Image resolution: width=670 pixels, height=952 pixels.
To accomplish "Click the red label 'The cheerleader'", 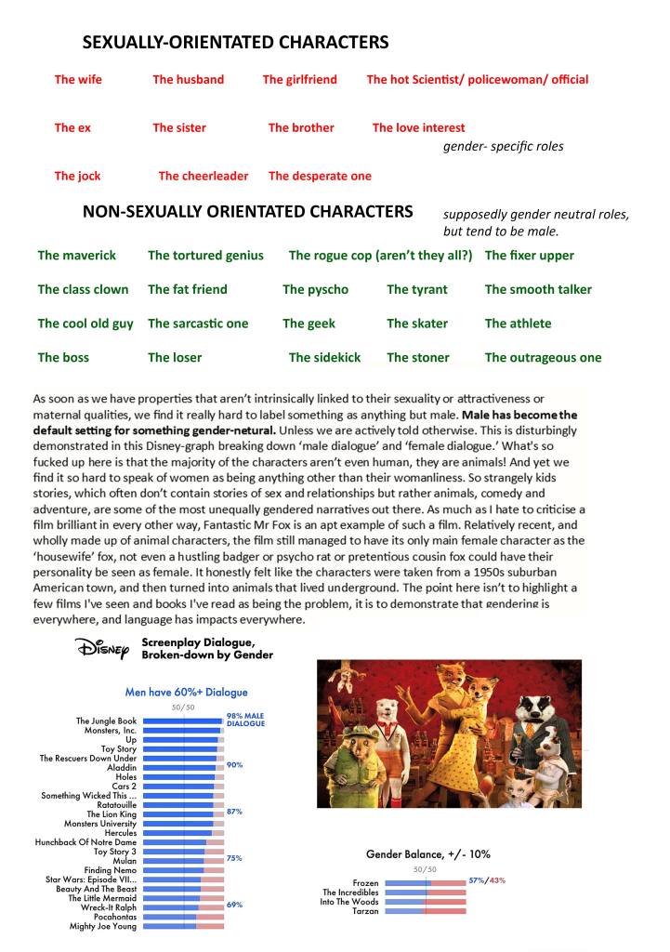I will (x=203, y=176).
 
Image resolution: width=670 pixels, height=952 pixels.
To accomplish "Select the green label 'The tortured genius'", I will (x=205, y=255).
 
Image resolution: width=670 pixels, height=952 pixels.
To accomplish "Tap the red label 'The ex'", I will (x=72, y=127).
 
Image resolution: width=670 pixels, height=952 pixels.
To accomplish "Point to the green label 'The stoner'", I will (x=417, y=357).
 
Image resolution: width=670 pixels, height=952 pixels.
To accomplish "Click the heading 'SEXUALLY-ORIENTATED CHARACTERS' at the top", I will (x=235, y=43).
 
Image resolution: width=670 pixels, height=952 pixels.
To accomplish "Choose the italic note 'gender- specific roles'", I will (x=503, y=146).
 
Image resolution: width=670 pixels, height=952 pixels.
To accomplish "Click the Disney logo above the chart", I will (x=103, y=647).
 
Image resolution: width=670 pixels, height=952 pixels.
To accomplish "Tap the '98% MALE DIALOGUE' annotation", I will (x=245, y=719).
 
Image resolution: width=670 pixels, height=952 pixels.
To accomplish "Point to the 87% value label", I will (x=234, y=812).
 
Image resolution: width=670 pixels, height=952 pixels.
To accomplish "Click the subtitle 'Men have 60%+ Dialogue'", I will (x=186, y=692).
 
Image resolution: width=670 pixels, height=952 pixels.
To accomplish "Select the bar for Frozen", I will (x=425, y=882).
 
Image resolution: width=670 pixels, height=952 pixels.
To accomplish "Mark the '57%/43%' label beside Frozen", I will (x=487, y=879).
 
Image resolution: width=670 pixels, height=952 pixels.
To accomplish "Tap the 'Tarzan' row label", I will (x=365, y=911).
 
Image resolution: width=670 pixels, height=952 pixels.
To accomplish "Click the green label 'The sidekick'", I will (x=324, y=357).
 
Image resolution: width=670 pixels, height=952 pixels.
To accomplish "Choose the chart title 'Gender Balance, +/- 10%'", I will (x=427, y=853).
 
